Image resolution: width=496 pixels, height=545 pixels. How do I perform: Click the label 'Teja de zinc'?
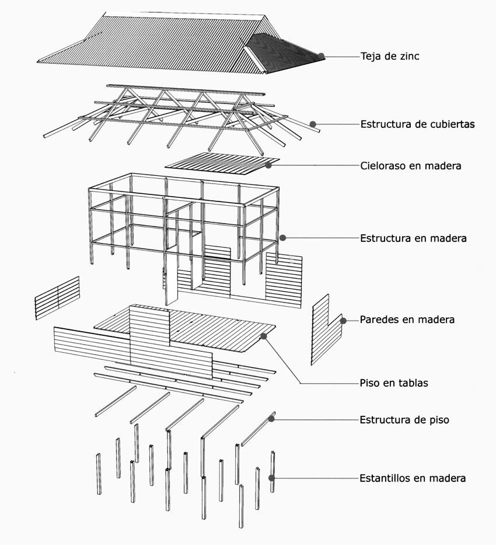390,57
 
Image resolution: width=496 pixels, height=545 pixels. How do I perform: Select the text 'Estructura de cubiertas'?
417,124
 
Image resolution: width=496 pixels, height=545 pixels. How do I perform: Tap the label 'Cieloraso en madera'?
410,166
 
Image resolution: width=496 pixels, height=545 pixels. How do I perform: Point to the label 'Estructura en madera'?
413,238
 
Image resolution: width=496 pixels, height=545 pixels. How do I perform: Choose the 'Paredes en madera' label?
407,320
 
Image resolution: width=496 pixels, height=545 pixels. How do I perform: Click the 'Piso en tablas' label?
394,384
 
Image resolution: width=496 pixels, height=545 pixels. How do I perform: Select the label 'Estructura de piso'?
404,420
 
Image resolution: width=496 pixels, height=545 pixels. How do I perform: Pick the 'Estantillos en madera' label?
413,478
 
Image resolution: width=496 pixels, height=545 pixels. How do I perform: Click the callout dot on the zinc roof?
322,56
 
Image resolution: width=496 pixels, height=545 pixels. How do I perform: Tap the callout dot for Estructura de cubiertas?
313,124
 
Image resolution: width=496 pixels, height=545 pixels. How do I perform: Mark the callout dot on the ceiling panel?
268,165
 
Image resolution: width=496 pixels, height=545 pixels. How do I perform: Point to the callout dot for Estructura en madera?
282,238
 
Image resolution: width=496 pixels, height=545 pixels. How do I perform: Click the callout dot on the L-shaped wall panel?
344,320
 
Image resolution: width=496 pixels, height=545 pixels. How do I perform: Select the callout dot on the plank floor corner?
264,336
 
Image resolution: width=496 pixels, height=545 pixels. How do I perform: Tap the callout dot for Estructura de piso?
272,419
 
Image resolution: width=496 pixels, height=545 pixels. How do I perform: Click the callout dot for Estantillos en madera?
272,478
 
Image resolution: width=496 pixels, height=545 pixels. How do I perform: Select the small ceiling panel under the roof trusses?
222,161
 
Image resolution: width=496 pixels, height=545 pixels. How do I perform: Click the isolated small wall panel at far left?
57,298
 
